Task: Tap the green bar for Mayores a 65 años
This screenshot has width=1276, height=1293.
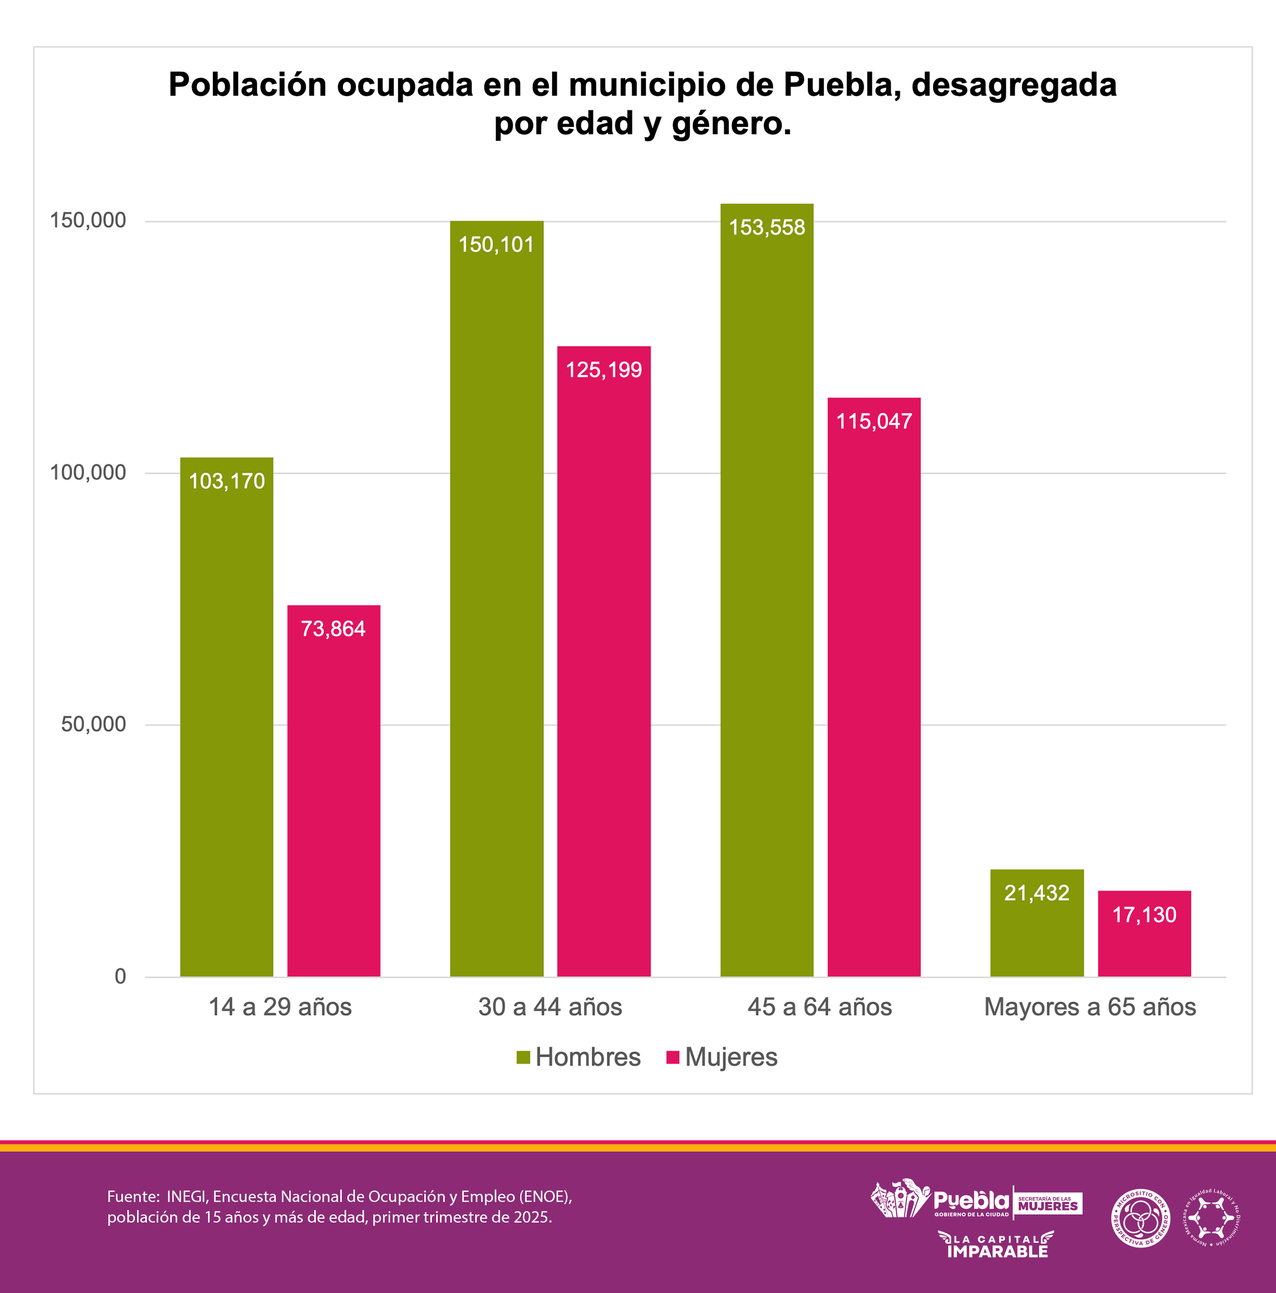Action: [x=1037, y=923]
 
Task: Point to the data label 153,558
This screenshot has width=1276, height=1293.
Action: [x=767, y=228]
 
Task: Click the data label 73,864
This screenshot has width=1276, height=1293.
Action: [x=333, y=629]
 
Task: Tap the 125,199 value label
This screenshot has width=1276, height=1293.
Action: [x=604, y=370]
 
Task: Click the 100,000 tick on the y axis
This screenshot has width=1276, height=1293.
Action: [x=88, y=473]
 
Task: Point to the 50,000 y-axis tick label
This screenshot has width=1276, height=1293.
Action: [x=93, y=724]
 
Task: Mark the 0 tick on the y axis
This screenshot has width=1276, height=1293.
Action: [x=120, y=977]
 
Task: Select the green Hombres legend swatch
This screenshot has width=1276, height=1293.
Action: [x=523, y=1057]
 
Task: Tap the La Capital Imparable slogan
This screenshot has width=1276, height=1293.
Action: [x=997, y=1245]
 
